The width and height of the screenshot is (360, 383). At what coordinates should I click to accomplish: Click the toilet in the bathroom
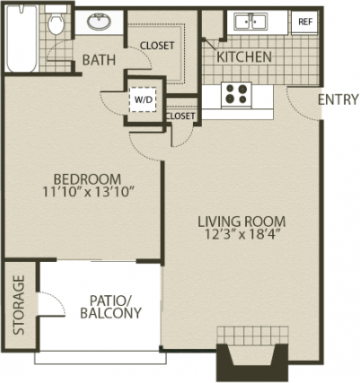point(56,20)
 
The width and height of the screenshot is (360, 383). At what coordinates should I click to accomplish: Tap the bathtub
point(22,39)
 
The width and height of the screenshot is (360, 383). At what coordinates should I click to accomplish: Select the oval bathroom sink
point(99,22)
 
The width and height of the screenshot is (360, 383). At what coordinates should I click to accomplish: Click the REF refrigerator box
point(304,22)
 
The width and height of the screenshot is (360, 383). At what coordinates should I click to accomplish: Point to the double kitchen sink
point(250,22)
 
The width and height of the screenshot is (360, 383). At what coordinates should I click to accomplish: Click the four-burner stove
point(236,94)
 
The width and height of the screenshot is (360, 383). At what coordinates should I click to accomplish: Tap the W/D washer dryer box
point(143,100)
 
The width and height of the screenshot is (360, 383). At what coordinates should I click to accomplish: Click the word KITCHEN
point(244,57)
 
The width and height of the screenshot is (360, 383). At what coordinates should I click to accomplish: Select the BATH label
point(99,60)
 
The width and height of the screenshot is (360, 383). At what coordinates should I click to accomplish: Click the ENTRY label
point(338,100)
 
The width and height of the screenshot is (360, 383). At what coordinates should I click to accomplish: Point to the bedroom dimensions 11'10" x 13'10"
point(88,192)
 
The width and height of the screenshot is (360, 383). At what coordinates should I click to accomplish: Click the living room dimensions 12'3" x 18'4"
point(242,234)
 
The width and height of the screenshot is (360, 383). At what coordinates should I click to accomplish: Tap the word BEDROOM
point(87,179)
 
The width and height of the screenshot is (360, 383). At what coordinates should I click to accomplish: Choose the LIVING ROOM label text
point(241,222)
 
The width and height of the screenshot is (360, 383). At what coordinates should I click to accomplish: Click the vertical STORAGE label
point(19,305)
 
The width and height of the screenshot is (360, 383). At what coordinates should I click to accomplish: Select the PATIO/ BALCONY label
point(110,307)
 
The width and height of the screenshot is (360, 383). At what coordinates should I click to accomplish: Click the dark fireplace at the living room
point(252,361)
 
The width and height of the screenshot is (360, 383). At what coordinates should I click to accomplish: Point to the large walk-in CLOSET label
point(157,46)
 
